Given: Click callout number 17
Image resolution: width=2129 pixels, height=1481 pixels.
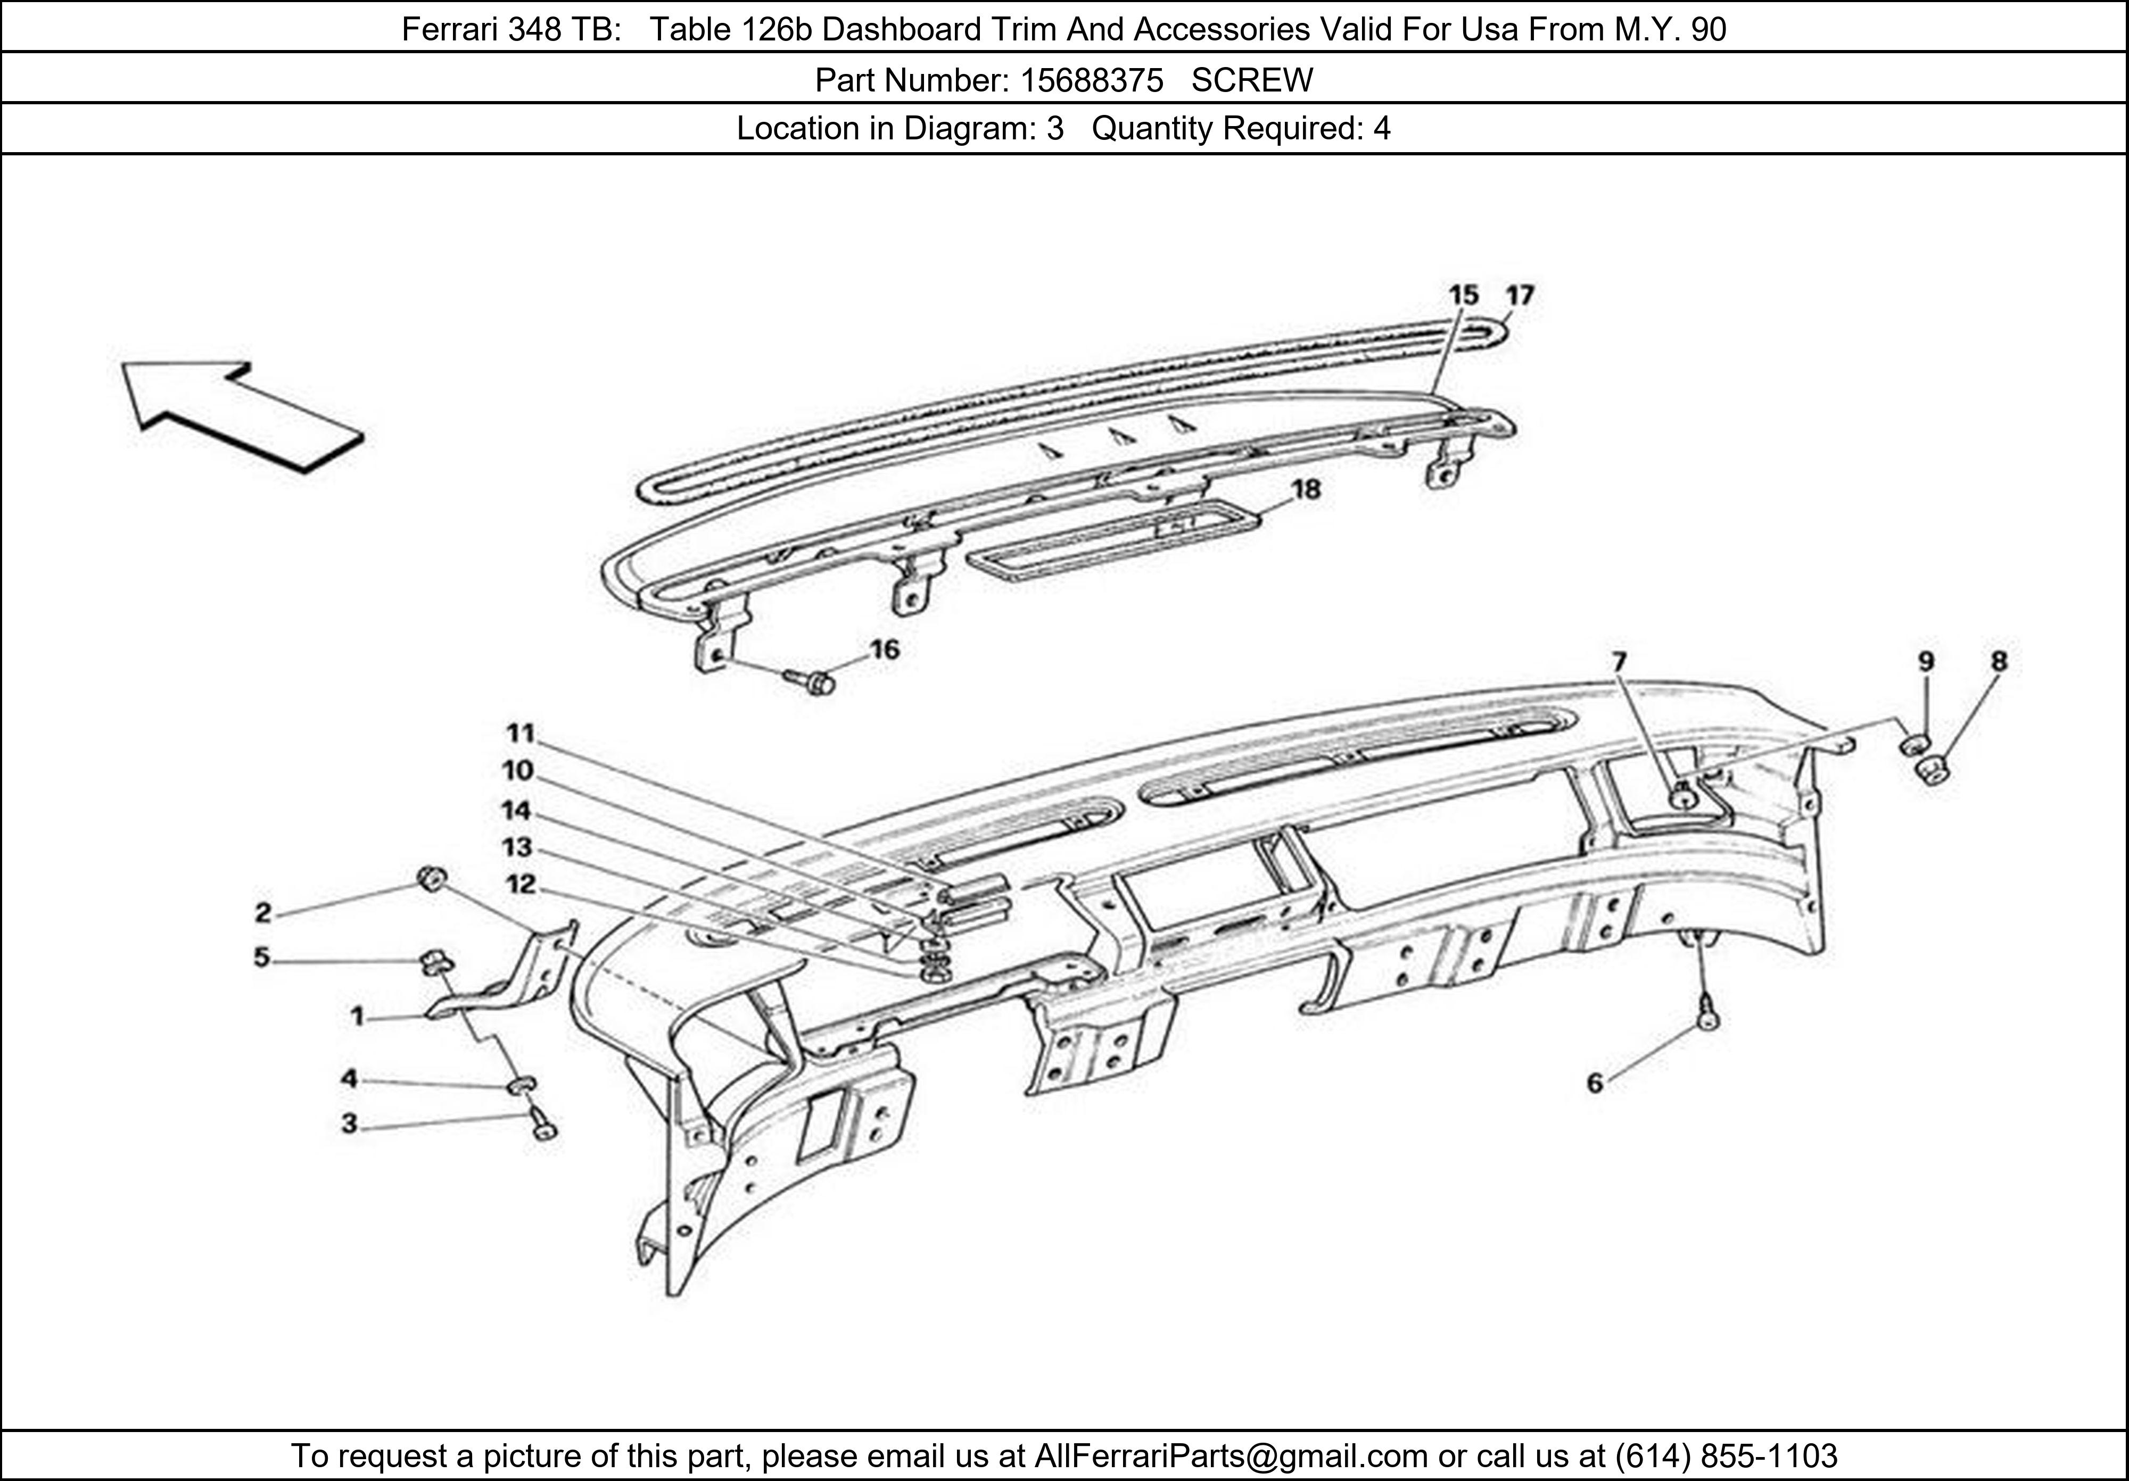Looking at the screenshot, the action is point(1520,296).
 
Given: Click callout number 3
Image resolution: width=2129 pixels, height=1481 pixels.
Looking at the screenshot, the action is point(349,1124).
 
